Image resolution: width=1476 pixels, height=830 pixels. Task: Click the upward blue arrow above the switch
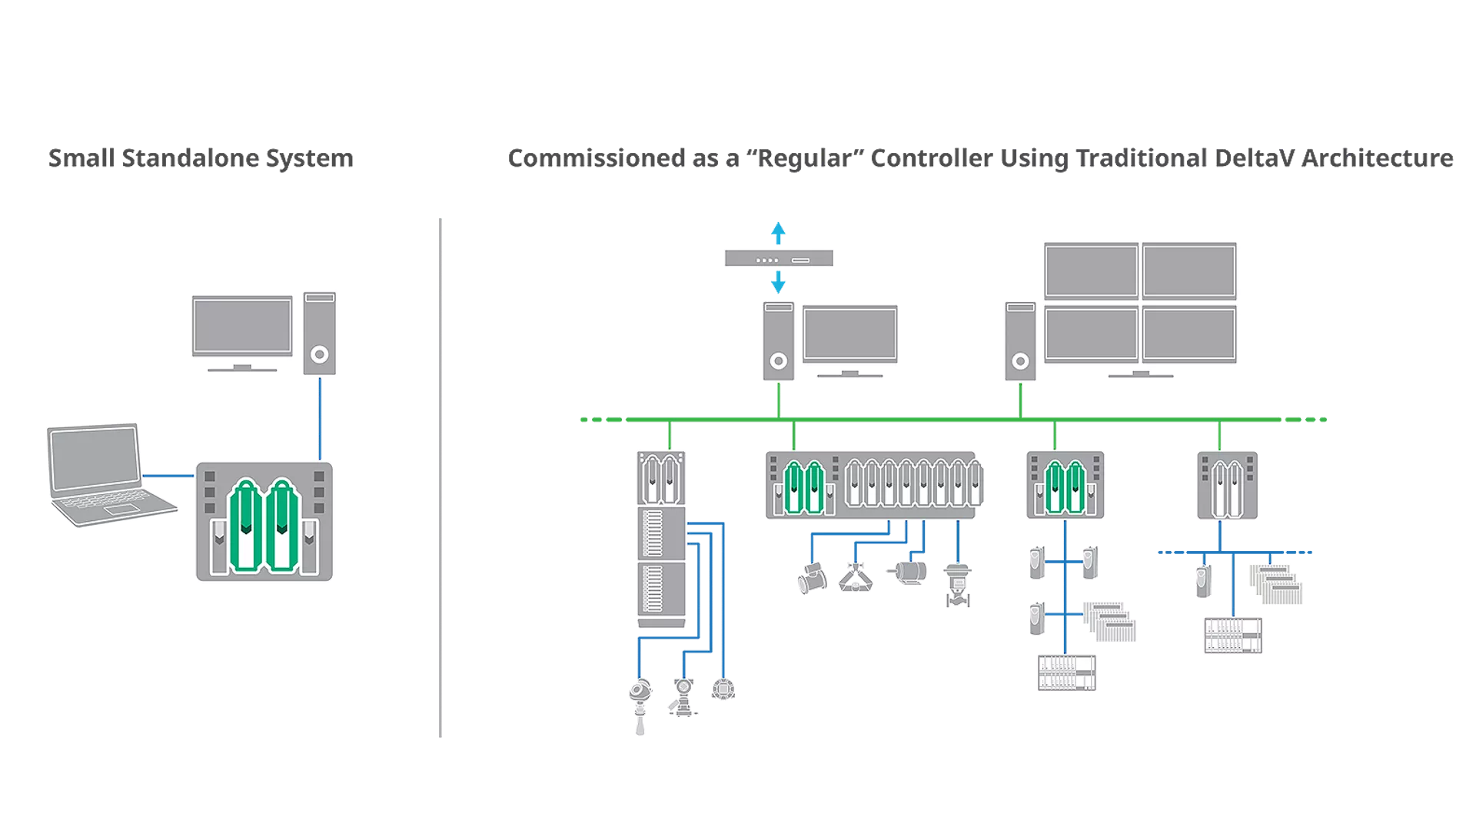(778, 232)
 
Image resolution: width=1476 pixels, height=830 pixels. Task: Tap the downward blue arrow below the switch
(778, 282)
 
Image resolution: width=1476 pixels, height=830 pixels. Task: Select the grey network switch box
(778, 259)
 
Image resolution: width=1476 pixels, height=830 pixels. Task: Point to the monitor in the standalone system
(242, 327)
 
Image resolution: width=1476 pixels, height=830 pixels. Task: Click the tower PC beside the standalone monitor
(319, 333)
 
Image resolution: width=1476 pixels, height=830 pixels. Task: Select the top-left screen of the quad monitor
(1091, 271)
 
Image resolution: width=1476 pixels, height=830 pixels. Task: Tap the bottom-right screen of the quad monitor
(1188, 334)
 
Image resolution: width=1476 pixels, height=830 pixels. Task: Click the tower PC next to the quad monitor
(1020, 341)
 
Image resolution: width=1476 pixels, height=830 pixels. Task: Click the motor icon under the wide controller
(910, 572)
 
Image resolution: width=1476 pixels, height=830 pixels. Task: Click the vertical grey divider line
(440, 476)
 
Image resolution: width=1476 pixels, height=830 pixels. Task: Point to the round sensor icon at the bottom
(723, 689)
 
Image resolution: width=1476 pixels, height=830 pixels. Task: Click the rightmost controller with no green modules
(1227, 486)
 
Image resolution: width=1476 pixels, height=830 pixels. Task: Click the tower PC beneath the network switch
(778, 341)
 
